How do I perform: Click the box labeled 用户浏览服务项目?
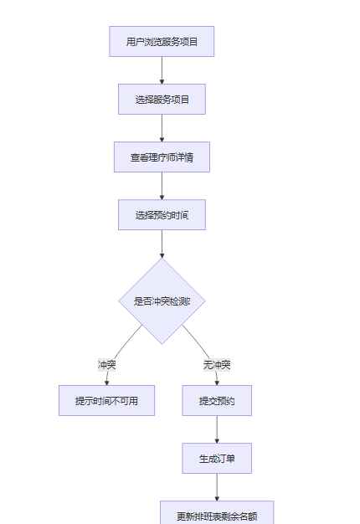tap(162, 42)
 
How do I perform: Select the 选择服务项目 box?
tap(162, 100)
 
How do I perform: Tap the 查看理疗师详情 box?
tap(162, 157)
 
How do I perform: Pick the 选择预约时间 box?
tap(162, 215)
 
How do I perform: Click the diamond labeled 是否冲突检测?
tap(162, 301)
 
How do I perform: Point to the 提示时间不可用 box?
tap(106, 400)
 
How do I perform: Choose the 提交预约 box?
tap(217, 400)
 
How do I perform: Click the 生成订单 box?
tap(217, 458)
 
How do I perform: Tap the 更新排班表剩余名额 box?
tap(217, 513)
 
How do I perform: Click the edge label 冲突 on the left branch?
tap(106, 365)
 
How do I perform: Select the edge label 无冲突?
tap(217, 365)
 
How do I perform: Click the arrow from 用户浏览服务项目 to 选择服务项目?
tap(162, 70)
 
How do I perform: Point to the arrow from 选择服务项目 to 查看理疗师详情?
tap(162, 128)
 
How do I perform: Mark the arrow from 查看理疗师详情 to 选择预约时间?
tap(162, 186)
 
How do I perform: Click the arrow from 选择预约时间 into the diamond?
tap(162, 244)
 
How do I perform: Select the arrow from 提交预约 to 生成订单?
tap(217, 429)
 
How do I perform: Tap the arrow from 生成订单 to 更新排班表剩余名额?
tap(217, 487)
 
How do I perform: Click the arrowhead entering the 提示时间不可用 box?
tap(106, 383)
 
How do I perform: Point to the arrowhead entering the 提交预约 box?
tap(217, 383)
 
